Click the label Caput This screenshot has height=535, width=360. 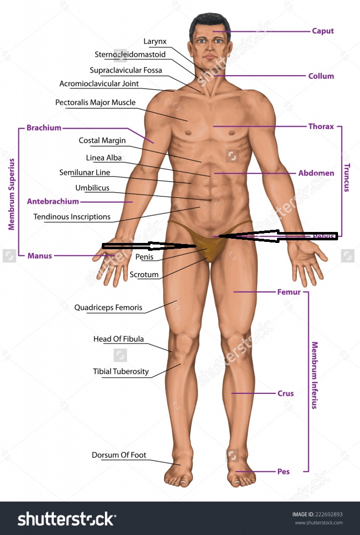322,31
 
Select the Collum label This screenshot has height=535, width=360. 321,76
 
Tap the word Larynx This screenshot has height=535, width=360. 155,41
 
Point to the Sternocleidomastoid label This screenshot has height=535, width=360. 130,54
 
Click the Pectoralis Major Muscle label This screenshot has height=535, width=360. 95,102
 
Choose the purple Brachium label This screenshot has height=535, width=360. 44,127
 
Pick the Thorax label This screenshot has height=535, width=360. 321,126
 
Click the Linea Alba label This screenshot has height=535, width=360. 103,157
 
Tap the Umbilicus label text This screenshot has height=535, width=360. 92,188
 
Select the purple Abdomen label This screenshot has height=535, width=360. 316,173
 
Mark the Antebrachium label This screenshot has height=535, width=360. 53,201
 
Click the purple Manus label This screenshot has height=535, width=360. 39,256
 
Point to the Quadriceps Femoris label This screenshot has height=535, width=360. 108,308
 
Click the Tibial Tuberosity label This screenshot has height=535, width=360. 121,371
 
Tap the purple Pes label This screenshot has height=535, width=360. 283,472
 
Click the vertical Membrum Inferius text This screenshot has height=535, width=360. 315,375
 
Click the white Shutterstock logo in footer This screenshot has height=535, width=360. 66,519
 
